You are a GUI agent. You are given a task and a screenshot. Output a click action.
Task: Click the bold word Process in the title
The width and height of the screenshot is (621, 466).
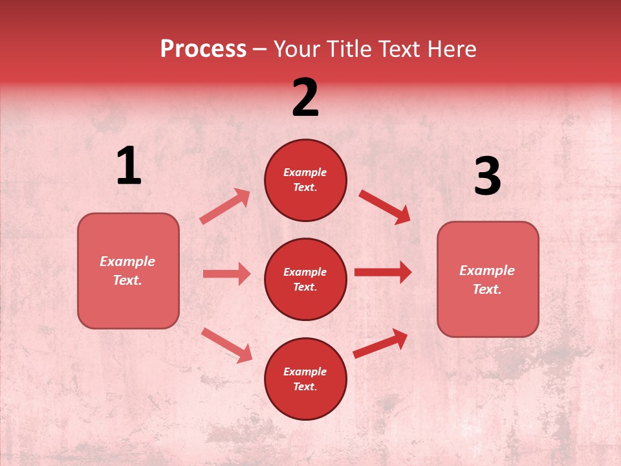[203, 49]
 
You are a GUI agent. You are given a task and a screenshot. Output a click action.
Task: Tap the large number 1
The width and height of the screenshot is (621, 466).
[129, 166]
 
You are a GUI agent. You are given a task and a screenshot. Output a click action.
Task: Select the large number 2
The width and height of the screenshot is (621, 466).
[305, 98]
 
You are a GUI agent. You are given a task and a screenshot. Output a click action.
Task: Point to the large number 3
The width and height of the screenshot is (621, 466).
[487, 176]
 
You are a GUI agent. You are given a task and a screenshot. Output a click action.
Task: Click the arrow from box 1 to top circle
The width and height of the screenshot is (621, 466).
[225, 206]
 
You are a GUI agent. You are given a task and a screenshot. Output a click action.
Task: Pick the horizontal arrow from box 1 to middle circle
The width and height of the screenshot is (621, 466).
[226, 274]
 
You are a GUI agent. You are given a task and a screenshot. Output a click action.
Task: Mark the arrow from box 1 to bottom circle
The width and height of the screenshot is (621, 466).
[227, 345]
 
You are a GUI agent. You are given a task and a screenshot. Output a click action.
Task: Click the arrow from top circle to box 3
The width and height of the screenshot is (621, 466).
[384, 206]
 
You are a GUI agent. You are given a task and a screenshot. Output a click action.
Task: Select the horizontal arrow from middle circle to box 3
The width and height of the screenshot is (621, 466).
[382, 272]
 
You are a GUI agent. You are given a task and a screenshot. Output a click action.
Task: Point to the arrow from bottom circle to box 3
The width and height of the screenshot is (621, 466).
[380, 343]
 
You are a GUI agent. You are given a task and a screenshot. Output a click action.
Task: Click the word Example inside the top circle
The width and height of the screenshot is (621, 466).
[305, 172]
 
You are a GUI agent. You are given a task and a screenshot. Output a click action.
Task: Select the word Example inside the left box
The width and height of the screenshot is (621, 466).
[127, 261]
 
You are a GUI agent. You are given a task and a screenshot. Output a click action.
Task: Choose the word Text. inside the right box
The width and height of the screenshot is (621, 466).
[487, 289]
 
